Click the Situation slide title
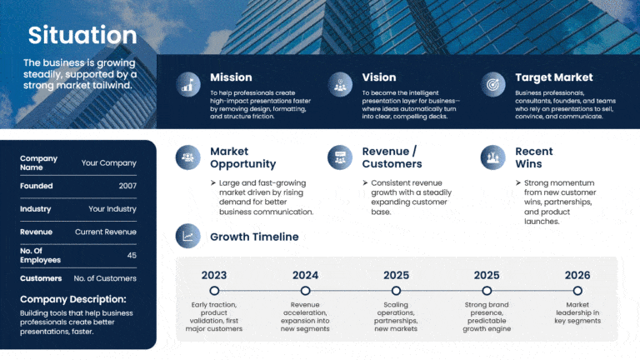82,35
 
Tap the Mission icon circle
188,83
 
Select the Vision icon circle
340,83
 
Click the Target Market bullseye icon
493,83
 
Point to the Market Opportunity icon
188,157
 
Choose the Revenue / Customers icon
340,157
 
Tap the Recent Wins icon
493,157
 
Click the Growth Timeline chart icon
188,237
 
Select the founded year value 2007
127,186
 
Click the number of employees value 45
131,255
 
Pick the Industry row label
36,209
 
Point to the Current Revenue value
105,232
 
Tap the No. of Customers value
105,278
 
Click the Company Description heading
73,299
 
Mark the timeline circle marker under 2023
214,291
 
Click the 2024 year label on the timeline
305,275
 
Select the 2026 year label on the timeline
577,275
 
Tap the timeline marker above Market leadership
577,291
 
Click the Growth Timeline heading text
254,237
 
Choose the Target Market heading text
553,77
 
